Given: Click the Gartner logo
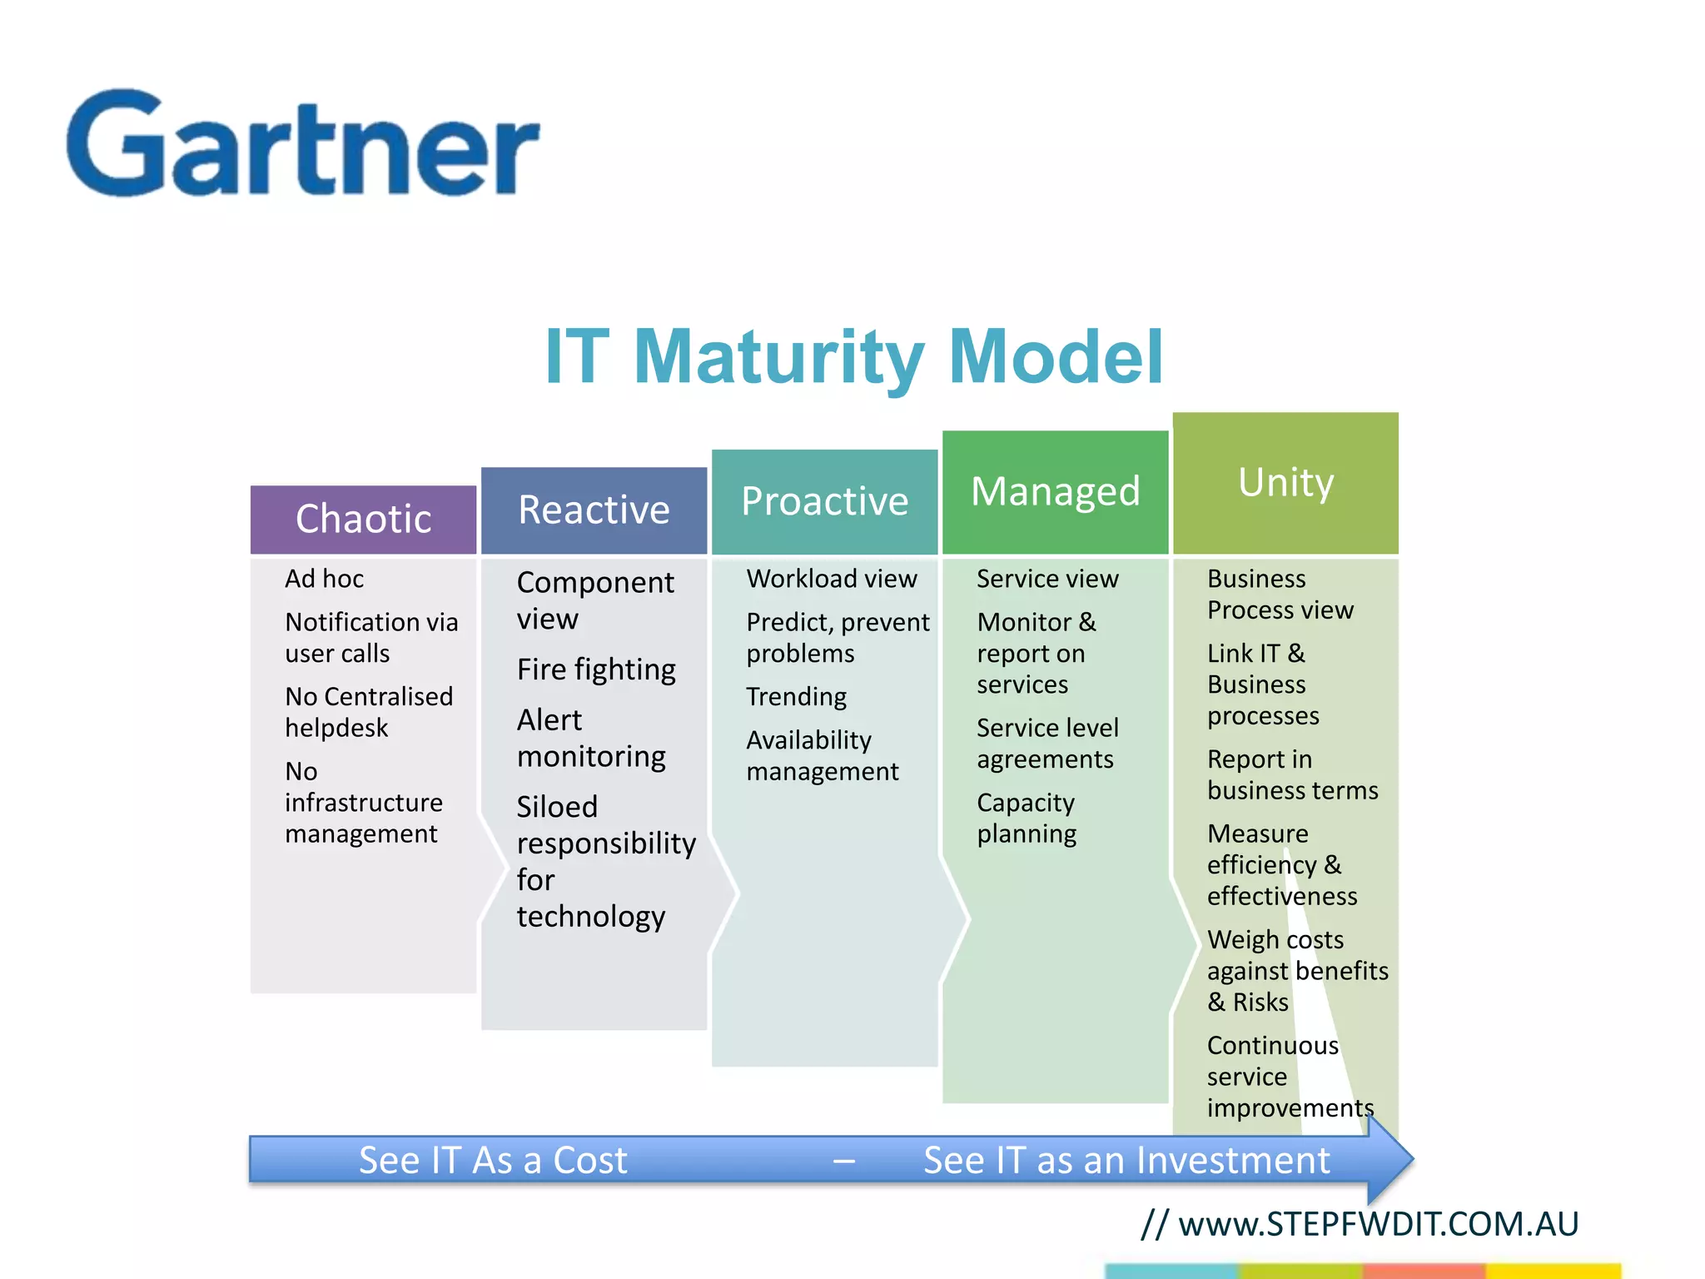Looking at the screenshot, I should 303,145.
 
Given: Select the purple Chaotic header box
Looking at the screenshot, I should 363,519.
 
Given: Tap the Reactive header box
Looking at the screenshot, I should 594,510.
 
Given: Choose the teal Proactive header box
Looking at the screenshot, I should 824,501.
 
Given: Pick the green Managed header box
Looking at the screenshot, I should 1055,491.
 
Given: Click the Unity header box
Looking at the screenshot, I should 1285,482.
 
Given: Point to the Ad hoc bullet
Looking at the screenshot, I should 324,579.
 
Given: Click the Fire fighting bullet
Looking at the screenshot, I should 595,669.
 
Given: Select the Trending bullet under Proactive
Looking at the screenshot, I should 796,696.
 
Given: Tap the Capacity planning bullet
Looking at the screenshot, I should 1026,818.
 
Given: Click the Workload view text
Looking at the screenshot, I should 831,579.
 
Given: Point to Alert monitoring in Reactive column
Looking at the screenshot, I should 590,738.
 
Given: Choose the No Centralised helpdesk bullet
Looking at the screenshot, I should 368,712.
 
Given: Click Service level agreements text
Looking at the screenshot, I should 1046,744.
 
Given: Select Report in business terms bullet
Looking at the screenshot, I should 1292,774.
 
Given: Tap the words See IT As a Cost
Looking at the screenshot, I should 493,1160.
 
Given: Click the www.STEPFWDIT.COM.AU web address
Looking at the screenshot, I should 1378,1224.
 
